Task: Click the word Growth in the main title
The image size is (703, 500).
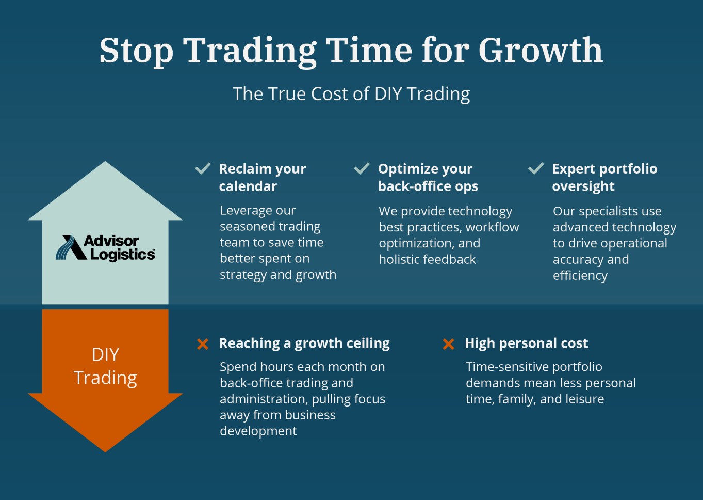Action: [x=540, y=50]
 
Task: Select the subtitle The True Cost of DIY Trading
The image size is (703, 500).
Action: [x=351, y=94]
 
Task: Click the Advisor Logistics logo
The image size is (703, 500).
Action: [x=105, y=247]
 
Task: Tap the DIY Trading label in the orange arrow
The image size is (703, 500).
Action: [x=105, y=366]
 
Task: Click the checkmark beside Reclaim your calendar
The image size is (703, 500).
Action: [x=203, y=168]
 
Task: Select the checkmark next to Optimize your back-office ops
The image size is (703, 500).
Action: [x=362, y=168]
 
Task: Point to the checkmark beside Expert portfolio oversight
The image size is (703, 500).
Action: [x=536, y=168]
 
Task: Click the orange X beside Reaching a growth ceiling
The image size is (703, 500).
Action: [x=203, y=344]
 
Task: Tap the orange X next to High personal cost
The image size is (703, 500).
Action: [x=448, y=344]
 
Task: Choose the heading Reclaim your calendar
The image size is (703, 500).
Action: [x=263, y=178]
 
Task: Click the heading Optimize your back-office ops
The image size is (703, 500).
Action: [x=428, y=178]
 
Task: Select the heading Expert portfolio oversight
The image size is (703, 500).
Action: [x=604, y=178]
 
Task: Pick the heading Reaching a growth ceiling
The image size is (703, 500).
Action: [x=304, y=343]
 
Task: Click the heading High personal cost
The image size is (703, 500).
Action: [x=526, y=343]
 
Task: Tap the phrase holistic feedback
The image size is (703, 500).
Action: [x=427, y=260]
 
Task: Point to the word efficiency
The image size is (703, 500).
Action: [x=580, y=276]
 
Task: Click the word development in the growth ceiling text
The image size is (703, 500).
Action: [x=258, y=431]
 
